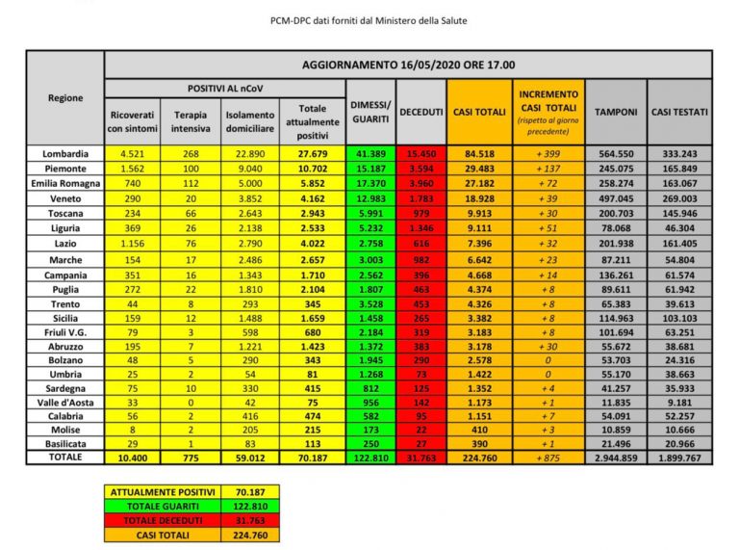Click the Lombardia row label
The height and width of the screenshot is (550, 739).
coord(65,153)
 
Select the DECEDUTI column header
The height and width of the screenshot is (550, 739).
coord(420,113)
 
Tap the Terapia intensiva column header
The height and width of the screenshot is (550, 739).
coord(190,120)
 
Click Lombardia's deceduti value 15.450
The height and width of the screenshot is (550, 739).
coord(420,153)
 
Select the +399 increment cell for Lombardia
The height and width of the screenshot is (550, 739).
coord(548,153)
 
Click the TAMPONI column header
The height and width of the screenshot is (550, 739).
coord(616,113)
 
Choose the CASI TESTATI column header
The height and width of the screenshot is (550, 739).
coord(679,113)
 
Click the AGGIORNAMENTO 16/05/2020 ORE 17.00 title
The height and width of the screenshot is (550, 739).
coord(407,65)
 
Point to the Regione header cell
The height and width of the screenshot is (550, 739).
coord(65,97)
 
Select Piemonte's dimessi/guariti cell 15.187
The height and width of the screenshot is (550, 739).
coord(369,167)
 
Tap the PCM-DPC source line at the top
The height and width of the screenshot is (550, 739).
coord(369,20)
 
